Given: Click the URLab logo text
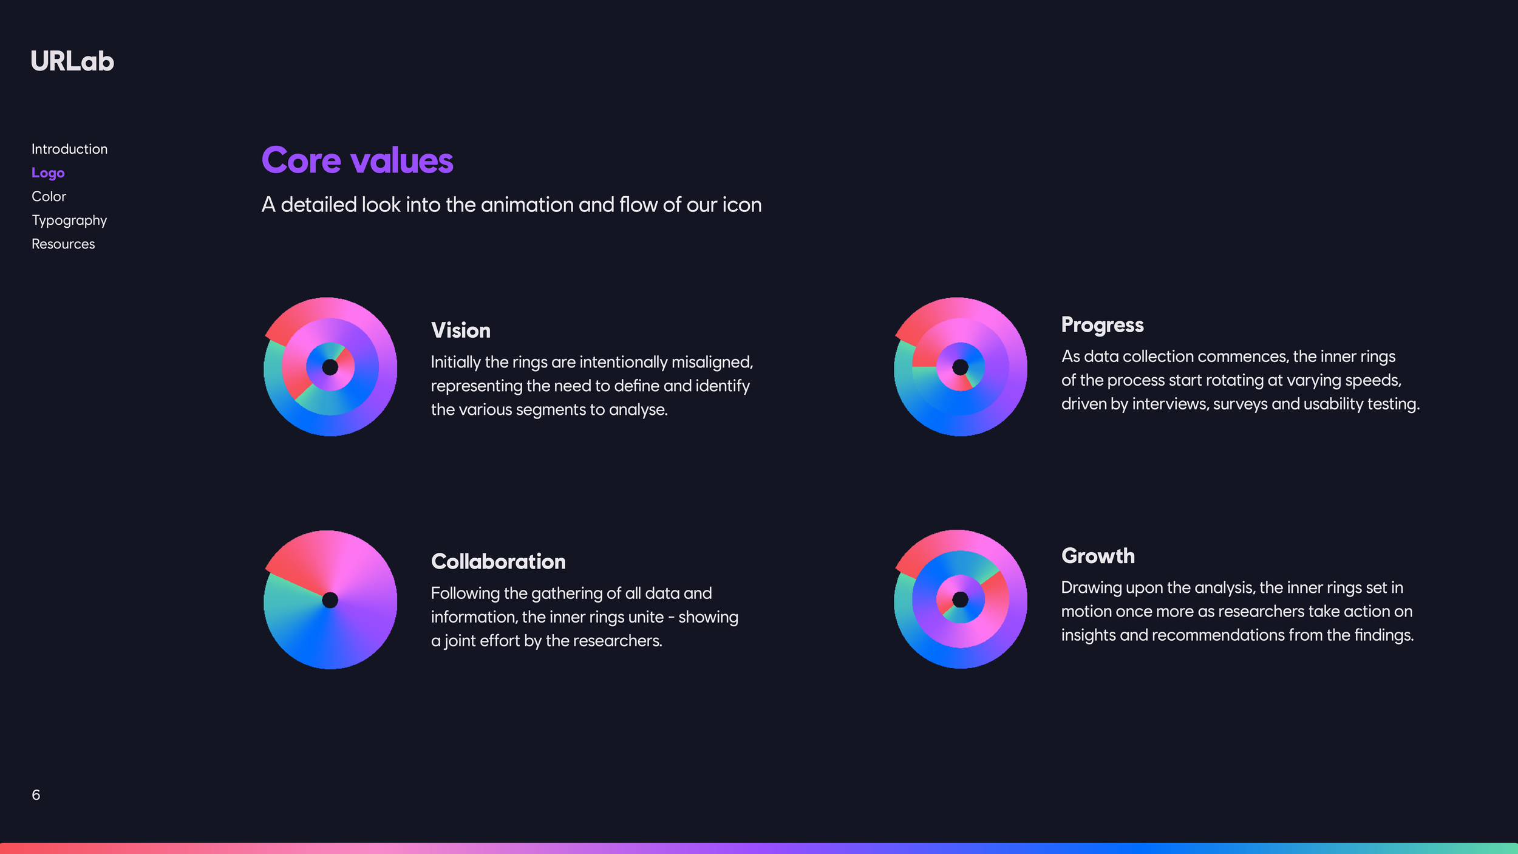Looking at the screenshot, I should [x=72, y=61].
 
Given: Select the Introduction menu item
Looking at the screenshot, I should [x=69, y=149].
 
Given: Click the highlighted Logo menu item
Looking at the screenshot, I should [x=48, y=173].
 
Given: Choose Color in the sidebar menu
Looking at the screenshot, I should [x=49, y=196].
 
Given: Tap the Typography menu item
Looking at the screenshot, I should [x=69, y=220].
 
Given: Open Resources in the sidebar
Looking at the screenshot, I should [x=63, y=244].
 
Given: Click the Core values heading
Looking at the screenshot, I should [x=357, y=160].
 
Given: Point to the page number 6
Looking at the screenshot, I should [x=36, y=795].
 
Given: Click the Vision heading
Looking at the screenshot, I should [x=460, y=330].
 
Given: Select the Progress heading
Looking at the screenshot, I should [x=1102, y=325].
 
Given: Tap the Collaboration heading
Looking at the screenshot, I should [x=498, y=562].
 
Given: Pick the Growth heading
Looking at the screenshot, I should [x=1098, y=556].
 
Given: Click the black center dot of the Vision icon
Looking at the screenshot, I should [x=330, y=367].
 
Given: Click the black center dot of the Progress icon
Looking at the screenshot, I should [x=960, y=367].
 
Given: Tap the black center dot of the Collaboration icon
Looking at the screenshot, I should [x=330, y=600].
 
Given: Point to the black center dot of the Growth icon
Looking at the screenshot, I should [x=960, y=600].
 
